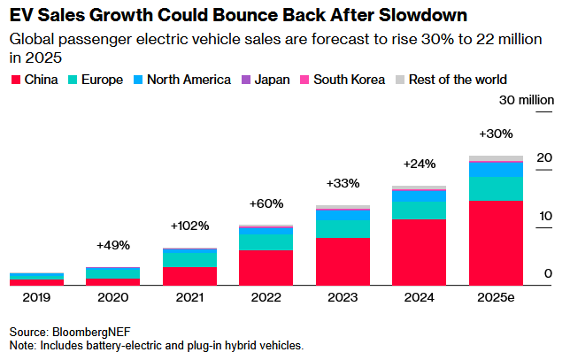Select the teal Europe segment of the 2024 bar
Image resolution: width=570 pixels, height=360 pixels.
(x=419, y=209)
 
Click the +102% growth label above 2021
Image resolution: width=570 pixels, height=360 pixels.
(x=189, y=226)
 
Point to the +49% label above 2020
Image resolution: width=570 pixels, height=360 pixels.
(x=112, y=245)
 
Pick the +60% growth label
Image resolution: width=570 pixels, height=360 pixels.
(x=266, y=203)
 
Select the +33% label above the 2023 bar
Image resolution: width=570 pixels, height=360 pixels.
(x=343, y=183)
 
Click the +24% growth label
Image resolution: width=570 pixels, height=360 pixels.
(x=419, y=164)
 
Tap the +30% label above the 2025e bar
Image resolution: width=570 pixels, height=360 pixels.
(x=496, y=134)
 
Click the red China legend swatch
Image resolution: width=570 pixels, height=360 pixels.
(x=15, y=80)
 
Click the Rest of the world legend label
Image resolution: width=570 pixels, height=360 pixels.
(x=457, y=80)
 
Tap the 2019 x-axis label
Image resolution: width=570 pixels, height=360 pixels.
(x=36, y=298)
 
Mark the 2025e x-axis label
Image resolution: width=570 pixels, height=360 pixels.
(x=496, y=298)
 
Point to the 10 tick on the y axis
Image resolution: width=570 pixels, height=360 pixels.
(x=545, y=216)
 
